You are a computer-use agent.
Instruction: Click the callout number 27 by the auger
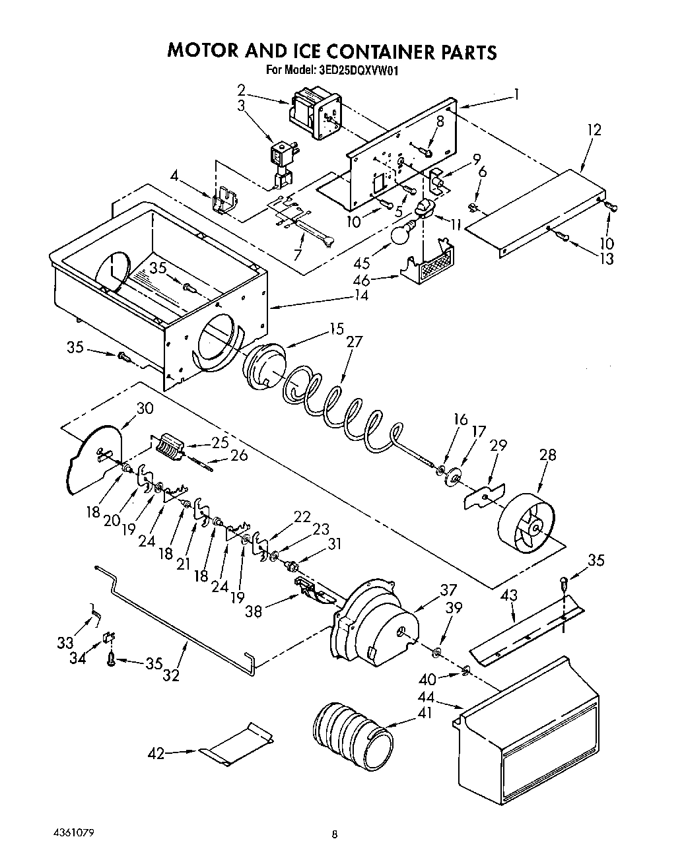355,342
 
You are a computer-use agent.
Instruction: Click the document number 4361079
70,833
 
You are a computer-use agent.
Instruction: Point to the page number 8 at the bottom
335,835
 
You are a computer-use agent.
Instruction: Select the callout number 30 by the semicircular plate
144,409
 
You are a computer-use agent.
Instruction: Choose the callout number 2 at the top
242,89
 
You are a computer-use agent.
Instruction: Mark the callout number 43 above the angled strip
508,596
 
